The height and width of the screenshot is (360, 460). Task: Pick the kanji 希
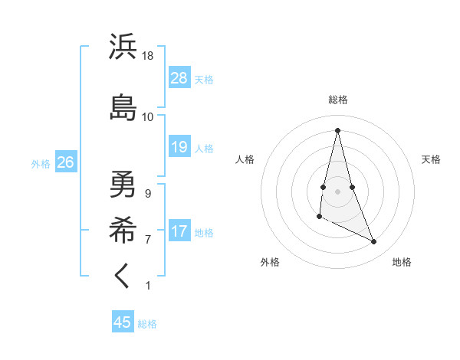tap(123, 227)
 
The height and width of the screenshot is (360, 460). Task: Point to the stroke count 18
tap(148, 56)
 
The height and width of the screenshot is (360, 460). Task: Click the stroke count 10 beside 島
tap(148, 117)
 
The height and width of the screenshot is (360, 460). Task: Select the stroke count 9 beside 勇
tap(148, 194)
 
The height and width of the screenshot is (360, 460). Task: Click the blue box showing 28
tap(179, 78)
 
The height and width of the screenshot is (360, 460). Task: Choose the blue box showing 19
tap(179, 147)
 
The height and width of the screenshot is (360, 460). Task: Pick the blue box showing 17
tap(179, 231)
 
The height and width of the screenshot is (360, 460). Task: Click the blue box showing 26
tap(65, 162)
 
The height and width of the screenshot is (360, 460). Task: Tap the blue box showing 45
tap(123, 322)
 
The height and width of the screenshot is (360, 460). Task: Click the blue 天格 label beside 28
tap(204, 79)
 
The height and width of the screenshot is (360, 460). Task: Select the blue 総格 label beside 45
tap(147, 323)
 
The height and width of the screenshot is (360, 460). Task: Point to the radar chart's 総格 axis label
tap(338, 100)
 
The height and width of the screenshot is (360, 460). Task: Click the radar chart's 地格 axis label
tap(402, 263)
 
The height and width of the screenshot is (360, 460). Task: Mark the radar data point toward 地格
tap(374, 241)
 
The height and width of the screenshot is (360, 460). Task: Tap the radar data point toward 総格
tap(338, 130)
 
